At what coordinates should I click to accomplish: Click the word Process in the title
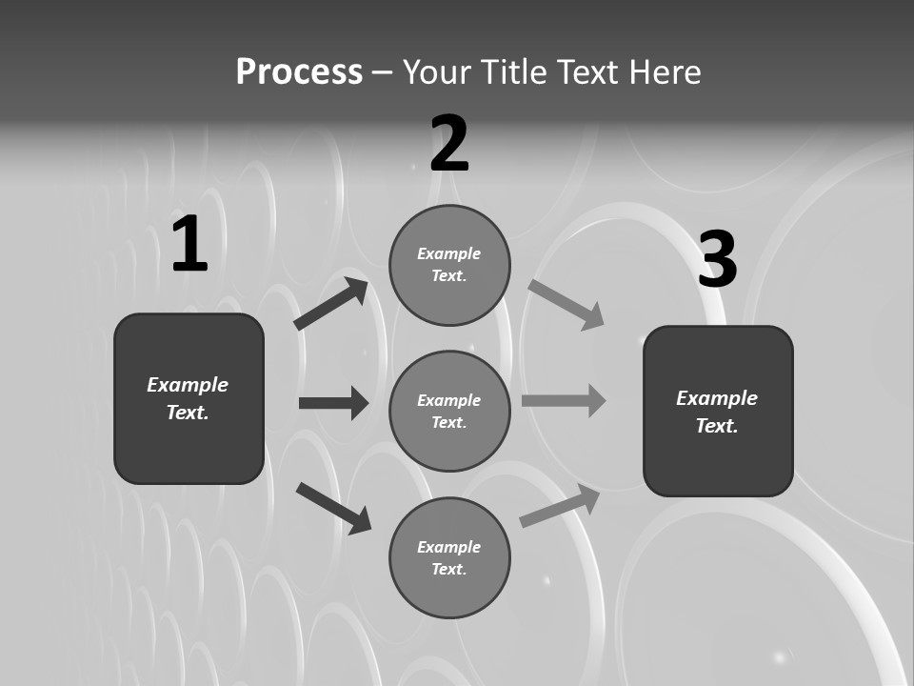[299, 72]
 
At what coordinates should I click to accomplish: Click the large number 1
[189, 245]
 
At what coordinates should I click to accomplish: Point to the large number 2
[449, 144]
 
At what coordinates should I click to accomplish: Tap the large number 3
[718, 260]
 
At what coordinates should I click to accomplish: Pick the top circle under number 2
[449, 265]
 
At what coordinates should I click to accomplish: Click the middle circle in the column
[449, 411]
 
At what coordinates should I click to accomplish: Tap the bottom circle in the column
[449, 558]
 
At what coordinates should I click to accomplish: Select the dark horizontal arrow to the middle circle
[333, 403]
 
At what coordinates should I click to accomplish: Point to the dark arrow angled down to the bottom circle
[333, 507]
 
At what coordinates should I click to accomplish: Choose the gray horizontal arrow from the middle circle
[564, 400]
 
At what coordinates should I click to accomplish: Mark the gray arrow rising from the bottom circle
[560, 505]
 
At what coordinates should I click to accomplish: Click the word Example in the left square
[188, 385]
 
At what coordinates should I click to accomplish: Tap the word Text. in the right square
[717, 426]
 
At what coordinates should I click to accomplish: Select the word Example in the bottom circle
[448, 547]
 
